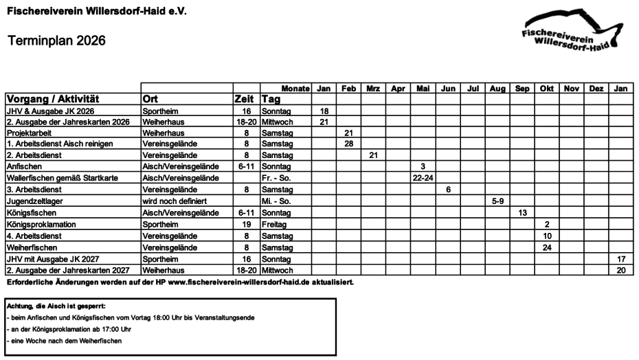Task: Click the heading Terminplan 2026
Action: point(56,41)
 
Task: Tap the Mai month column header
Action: point(423,89)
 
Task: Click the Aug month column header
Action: point(497,89)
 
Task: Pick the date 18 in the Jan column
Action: point(324,111)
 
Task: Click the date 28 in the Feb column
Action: point(349,144)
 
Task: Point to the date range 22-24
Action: point(423,178)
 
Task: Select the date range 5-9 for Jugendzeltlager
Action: point(497,201)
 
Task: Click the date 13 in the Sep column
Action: point(522,213)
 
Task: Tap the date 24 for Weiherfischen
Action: point(547,247)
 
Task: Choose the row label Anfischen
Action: point(23,166)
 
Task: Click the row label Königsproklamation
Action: point(41,225)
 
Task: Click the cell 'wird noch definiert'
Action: point(175,201)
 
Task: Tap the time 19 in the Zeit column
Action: point(246,225)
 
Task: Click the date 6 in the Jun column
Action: point(448,190)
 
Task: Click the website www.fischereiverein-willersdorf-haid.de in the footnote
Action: point(261,282)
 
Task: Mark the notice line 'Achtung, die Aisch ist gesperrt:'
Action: point(56,306)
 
